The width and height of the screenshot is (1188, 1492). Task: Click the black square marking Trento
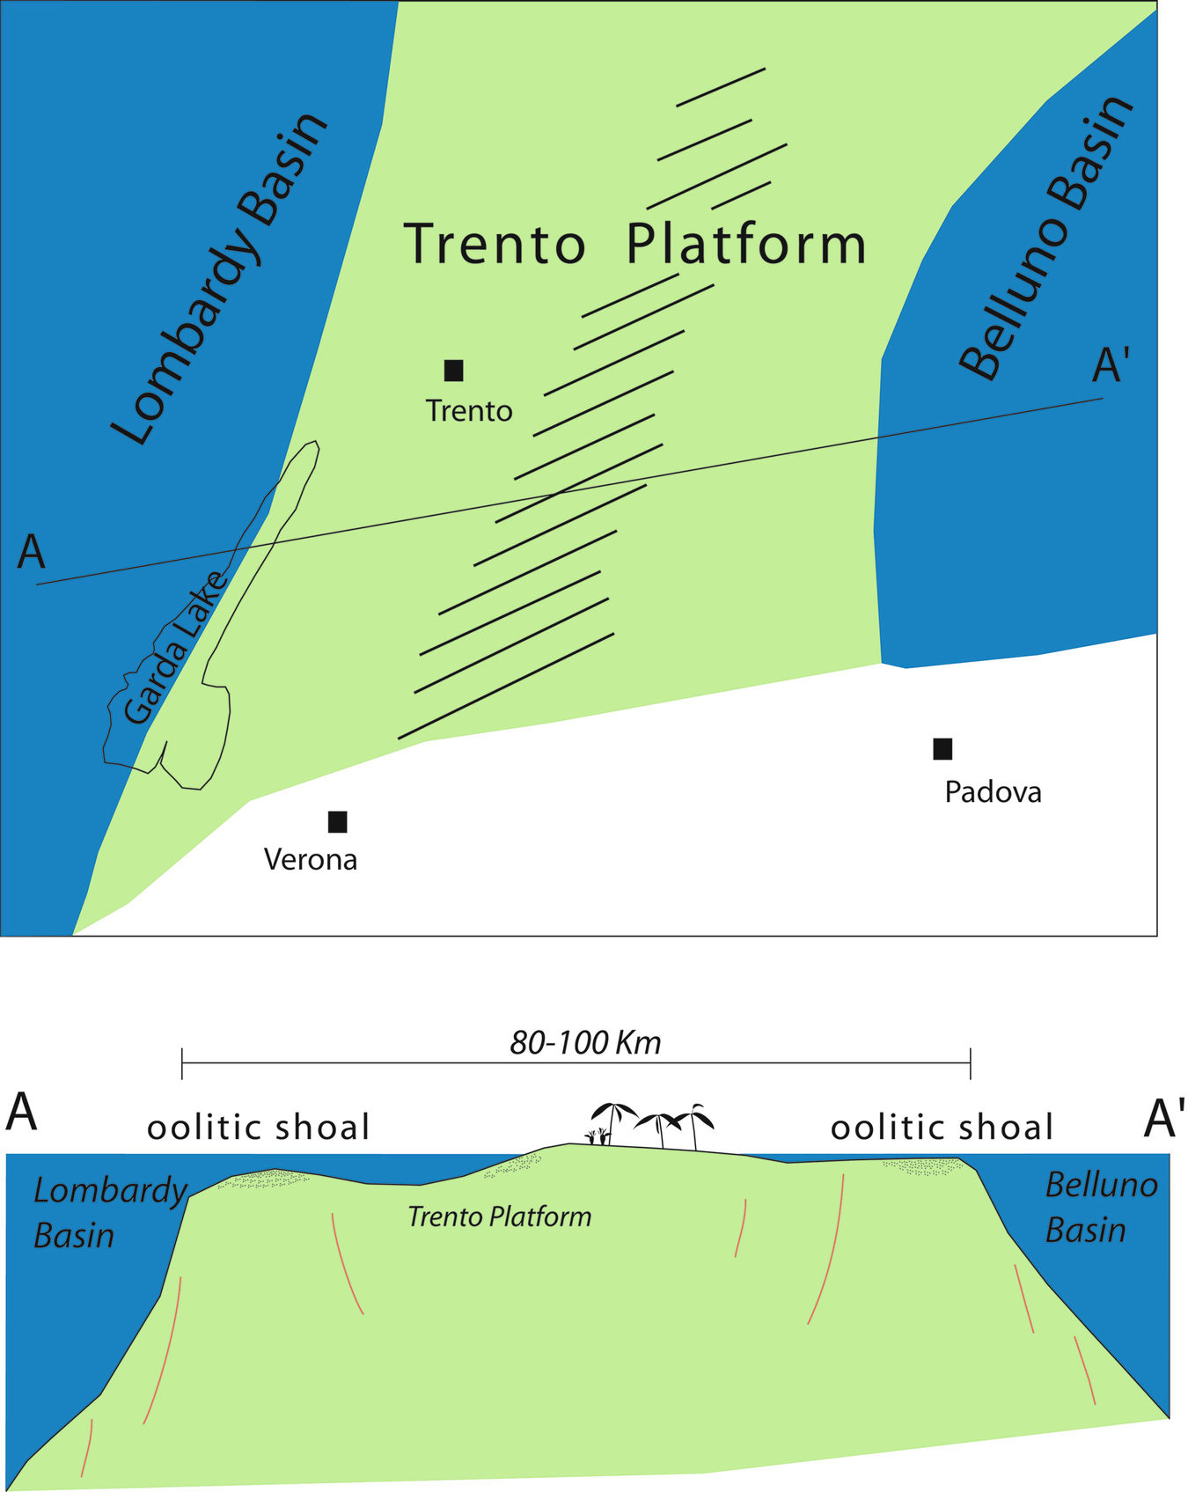[453, 371]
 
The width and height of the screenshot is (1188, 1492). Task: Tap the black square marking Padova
[942, 749]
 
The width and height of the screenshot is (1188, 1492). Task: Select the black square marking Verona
[337, 822]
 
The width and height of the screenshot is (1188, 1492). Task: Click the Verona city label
[311, 860]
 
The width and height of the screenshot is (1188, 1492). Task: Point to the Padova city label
[993, 792]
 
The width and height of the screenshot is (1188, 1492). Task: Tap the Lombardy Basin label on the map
[220, 280]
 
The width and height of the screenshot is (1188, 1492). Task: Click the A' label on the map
[1110, 365]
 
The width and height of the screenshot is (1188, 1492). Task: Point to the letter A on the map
[32, 553]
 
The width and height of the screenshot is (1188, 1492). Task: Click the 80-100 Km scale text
[585, 1043]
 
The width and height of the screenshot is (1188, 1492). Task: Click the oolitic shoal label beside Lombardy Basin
[259, 1128]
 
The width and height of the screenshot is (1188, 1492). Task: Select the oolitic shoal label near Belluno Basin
[942, 1128]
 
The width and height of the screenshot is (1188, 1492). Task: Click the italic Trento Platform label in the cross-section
[499, 1217]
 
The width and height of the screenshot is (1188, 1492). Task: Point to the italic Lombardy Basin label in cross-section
[109, 1213]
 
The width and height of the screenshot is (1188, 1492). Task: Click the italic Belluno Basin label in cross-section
[1100, 1208]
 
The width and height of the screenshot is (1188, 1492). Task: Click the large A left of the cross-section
[22, 1113]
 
